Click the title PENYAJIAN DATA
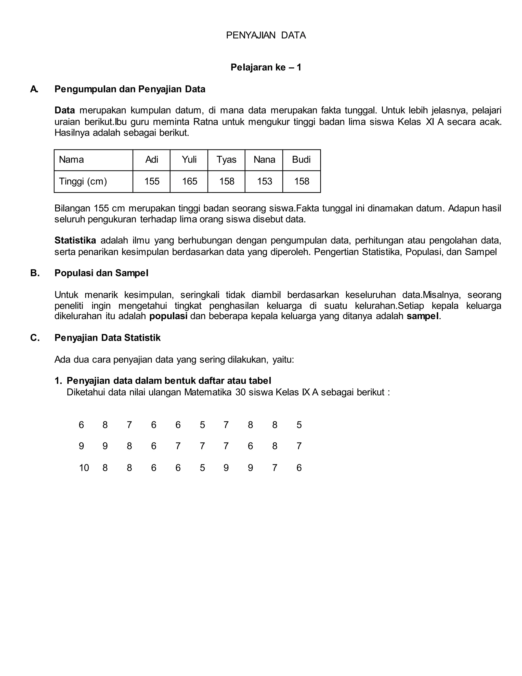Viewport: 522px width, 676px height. click(x=266, y=35)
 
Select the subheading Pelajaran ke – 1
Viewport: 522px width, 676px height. click(x=266, y=68)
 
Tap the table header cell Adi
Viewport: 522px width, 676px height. click(x=152, y=160)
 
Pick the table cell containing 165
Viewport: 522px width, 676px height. click(x=189, y=181)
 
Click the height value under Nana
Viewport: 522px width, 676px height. click(x=264, y=181)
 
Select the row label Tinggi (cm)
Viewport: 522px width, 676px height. click(x=83, y=181)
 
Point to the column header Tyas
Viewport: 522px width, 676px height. click(x=226, y=160)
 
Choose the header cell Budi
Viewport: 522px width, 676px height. click(x=301, y=160)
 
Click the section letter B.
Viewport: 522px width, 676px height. click(x=35, y=273)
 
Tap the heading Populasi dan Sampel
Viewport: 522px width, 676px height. click(x=101, y=273)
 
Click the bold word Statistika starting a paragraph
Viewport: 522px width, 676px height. click(x=75, y=241)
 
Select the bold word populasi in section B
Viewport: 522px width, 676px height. click(x=168, y=316)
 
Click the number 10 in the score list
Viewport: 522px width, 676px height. click(x=84, y=468)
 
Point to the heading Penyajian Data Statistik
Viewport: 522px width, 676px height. click(x=107, y=338)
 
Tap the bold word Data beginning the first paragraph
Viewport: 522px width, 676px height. click(x=65, y=110)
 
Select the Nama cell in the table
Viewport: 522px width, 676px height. click(x=71, y=160)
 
